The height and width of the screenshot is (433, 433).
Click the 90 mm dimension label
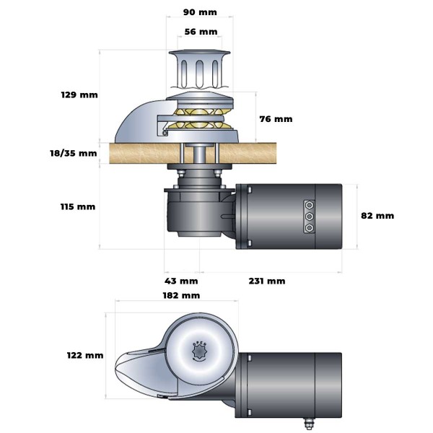[x=200, y=12]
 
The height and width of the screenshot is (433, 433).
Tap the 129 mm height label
[x=79, y=95]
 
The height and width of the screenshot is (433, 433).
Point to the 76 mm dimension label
[x=276, y=118]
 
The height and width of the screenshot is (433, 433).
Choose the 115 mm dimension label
[x=78, y=206]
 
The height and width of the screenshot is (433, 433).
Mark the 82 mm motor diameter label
[x=377, y=215]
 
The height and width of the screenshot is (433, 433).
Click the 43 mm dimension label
[x=181, y=281]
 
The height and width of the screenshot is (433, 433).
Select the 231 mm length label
[x=268, y=281]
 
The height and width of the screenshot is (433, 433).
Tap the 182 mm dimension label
[x=181, y=296]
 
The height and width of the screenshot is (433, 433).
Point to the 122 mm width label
[x=84, y=355]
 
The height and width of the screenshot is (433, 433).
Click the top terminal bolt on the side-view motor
[x=309, y=204]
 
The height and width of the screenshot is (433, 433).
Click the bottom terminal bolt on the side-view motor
[x=309, y=227]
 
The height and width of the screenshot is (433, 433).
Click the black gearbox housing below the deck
[x=193, y=209]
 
